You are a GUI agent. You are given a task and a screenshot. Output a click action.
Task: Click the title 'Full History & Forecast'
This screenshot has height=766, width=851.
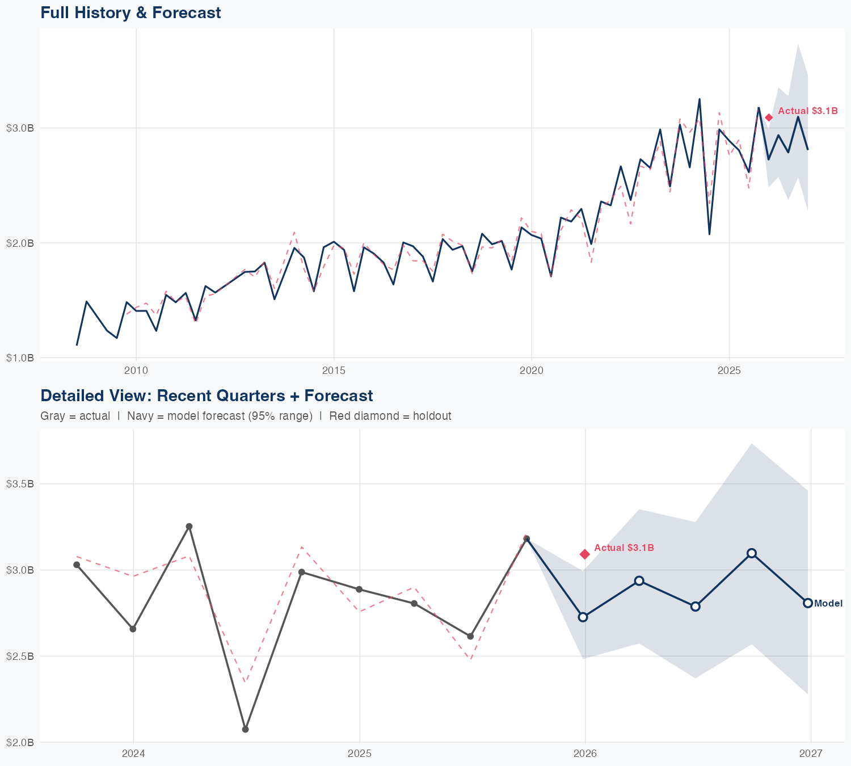[130, 12]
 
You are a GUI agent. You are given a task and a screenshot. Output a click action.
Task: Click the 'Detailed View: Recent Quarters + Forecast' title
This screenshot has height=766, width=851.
[207, 395]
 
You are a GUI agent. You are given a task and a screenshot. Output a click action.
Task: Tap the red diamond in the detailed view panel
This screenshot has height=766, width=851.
[584, 554]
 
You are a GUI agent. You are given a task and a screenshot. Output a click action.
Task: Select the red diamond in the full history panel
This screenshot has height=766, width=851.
[769, 117]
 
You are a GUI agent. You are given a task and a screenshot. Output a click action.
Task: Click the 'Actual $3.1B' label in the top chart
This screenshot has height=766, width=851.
[807, 111]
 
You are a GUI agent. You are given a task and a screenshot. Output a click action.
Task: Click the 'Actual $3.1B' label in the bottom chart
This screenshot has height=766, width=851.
[624, 548]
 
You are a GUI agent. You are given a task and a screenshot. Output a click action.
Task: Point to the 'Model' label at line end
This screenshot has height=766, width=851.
[828, 603]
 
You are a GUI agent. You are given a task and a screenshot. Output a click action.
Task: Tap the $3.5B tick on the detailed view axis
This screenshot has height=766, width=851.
[20, 484]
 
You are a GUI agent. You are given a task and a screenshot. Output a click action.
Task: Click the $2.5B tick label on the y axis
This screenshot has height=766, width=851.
[20, 656]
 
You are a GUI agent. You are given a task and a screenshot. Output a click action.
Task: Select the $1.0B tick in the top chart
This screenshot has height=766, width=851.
[20, 358]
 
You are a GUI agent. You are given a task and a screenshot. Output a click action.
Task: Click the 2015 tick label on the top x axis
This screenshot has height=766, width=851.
[334, 371]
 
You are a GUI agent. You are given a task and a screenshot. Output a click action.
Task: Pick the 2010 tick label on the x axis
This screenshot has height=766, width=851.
[136, 371]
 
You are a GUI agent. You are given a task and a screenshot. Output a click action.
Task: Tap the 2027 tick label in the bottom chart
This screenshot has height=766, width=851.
[811, 754]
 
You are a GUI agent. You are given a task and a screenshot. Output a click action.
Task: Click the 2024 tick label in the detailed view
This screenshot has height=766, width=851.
[133, 754]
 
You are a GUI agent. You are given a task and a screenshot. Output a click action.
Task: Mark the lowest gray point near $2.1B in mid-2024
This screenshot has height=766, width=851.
[245, 729]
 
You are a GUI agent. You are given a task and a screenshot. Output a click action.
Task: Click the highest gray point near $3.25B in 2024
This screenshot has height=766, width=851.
[189, 527]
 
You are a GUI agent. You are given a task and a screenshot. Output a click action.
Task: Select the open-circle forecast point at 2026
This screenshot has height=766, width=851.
[583, 617]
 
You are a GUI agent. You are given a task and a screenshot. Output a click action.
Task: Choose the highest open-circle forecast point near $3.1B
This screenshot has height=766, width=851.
[752, 553]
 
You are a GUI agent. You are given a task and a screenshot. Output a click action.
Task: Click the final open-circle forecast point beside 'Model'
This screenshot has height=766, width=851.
[808, 603]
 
